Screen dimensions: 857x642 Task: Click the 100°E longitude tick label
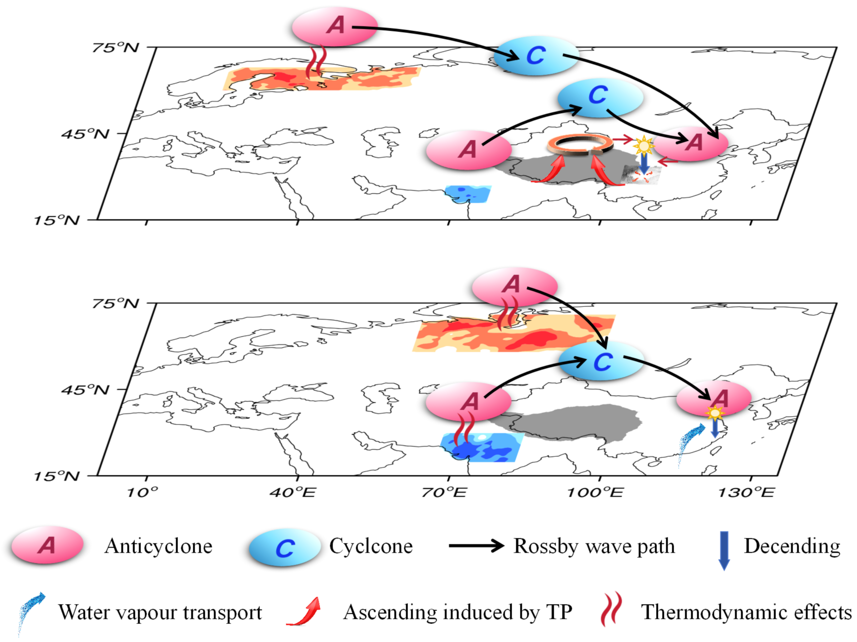point(595,492)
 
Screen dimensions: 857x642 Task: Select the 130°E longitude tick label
point(746,492)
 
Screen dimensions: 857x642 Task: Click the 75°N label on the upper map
point(115,48)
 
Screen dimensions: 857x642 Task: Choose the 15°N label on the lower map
point(56,476)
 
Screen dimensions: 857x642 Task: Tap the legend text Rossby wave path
point(594,546)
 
